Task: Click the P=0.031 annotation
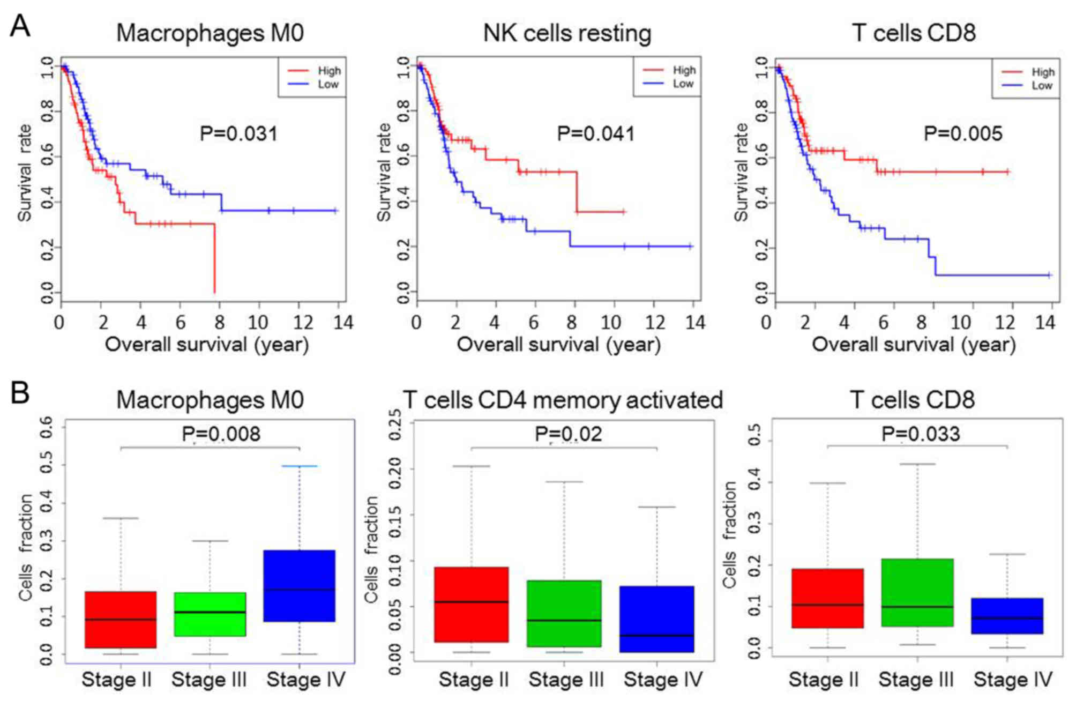tap(238, 133)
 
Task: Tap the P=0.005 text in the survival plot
tap(963, 133)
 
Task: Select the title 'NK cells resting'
tap(567, 33)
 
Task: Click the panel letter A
tap(20, 26)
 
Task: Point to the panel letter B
tap(20, 393)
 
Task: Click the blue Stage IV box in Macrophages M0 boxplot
tap(299, 585)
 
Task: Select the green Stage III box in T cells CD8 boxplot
tap(917, 592)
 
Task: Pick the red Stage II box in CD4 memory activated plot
tap(471, 604)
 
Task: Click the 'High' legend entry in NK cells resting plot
tap(684, 70)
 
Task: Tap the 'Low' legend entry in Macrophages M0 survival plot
tap(328, 84)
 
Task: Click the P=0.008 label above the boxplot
tap(221, 434)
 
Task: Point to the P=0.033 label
tap(920, 434)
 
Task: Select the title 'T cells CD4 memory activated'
tap(563, 400)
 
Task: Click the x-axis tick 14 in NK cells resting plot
tap(695, 322)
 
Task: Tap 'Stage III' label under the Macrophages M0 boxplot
tap(209, 680)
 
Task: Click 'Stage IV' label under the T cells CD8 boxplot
tap(1013, 680)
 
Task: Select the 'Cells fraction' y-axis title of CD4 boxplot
tap(371, 549)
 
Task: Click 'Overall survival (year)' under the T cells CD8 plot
tap(914, 345)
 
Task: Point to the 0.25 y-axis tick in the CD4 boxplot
tap(395, 424)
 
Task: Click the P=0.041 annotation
tap(596, 133)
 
